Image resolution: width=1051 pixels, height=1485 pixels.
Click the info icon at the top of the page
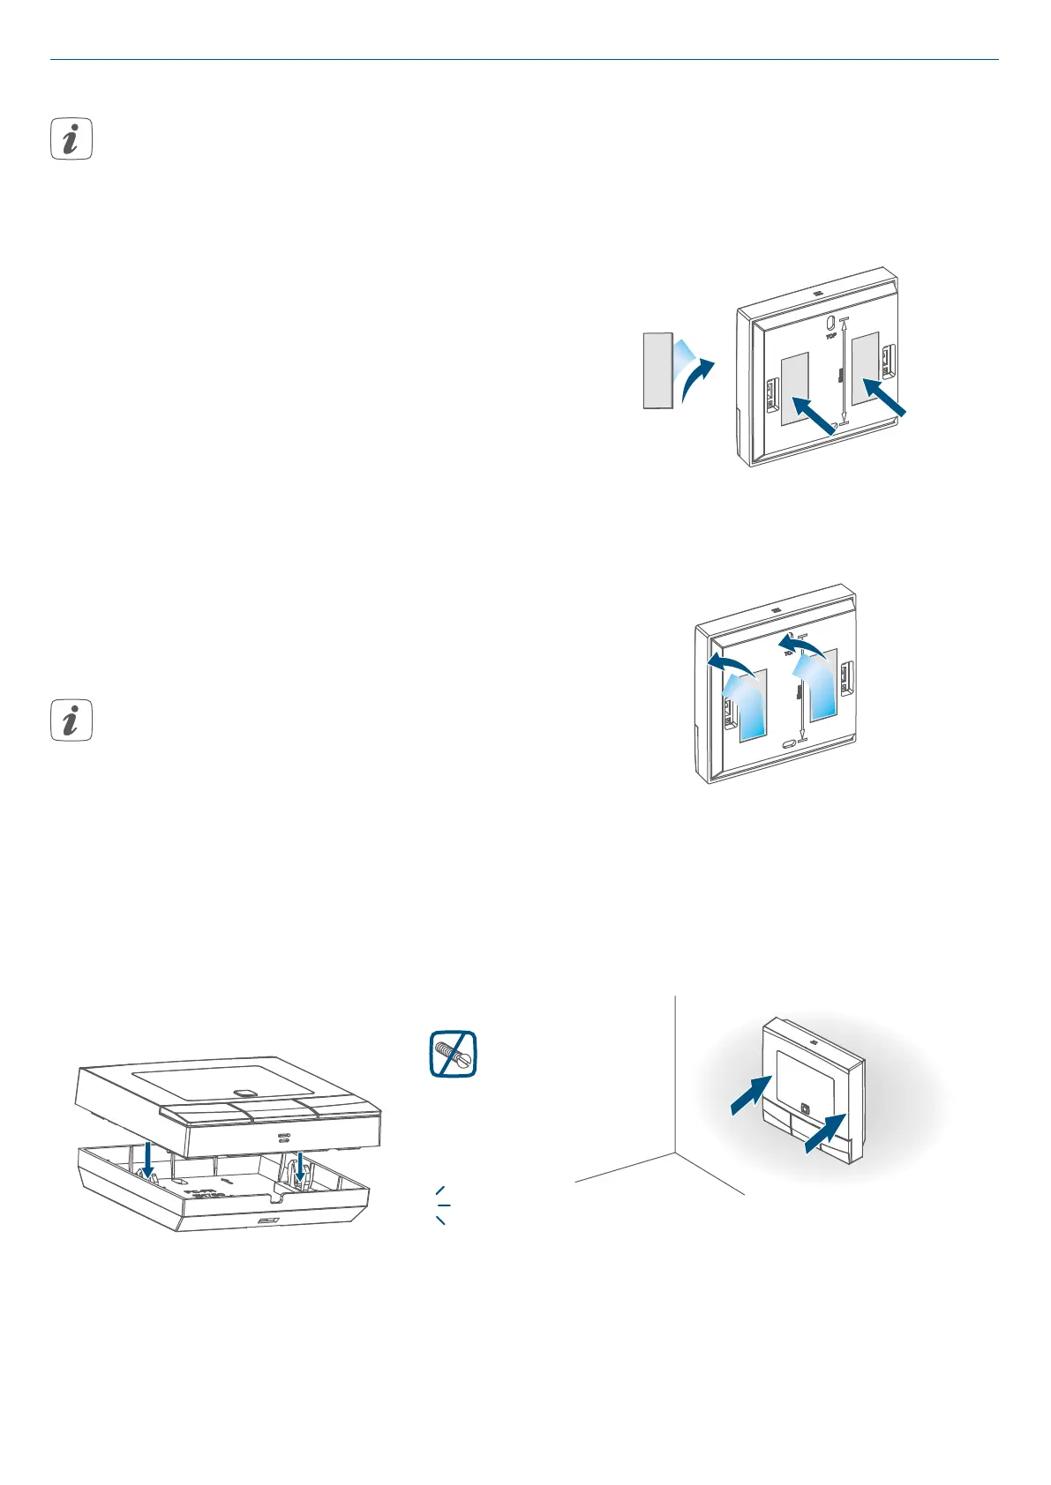(x=71, y=139)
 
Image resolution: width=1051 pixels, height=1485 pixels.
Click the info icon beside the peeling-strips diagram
(x=71, y=720)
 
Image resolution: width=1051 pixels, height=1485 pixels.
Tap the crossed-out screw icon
(x=453, y=1053)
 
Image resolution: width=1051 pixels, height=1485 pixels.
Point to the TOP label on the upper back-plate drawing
(x=830, y=335)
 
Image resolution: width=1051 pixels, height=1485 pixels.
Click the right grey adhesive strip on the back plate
(x=865, y=368)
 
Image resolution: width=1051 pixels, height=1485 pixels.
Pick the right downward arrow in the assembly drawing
(x=301, y=1164)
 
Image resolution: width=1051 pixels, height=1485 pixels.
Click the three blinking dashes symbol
(x=442, y=1205)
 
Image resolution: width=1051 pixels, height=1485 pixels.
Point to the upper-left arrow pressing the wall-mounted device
(x=751, y=1094)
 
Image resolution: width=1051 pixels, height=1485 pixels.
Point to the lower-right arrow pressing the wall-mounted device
(x=826, y=1133)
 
